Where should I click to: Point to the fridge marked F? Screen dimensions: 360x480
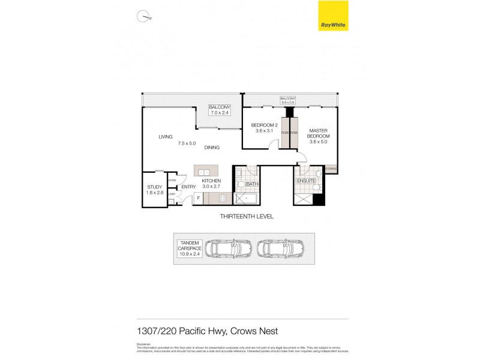click(199, 197)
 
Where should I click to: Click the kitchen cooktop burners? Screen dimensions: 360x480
click(223, 199)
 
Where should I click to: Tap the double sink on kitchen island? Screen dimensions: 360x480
click(203, 172)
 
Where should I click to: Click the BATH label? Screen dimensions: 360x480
click(251, 185)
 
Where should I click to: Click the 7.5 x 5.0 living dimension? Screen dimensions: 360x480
click(187, 143)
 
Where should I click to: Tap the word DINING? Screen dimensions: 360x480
click(211, 147)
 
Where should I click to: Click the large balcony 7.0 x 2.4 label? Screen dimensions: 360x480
click(220, 109)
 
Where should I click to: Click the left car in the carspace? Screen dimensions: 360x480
click(229, 248)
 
